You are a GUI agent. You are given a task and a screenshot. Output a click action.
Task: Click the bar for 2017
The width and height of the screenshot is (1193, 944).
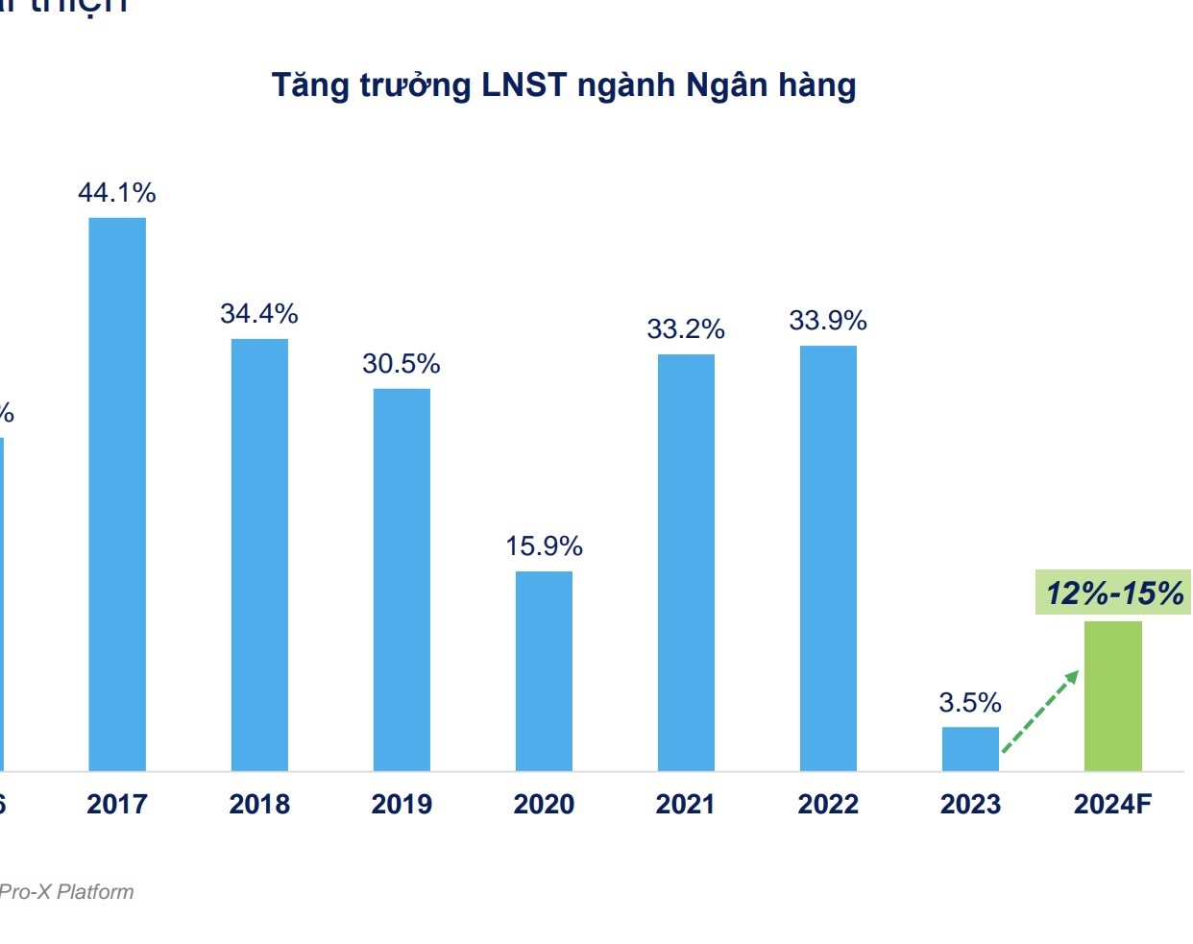[x=117, y=494]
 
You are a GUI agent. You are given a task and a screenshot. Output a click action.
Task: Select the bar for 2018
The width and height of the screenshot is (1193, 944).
[x=259, y=554]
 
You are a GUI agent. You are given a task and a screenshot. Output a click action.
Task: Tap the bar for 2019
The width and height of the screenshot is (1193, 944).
[x=402, y=579]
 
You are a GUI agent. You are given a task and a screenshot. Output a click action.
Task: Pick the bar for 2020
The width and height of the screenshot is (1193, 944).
[x=544, y=670]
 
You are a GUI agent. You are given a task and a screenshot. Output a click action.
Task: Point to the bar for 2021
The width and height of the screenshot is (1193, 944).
[x=686, y=562]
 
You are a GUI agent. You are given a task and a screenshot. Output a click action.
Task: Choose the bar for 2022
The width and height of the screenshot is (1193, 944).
[x=828, y=558]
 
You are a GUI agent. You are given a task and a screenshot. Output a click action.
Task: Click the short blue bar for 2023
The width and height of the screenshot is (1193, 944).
[x=970, y=748]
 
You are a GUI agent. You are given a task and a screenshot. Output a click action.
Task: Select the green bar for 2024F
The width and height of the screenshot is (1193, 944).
[x=1112, y=695]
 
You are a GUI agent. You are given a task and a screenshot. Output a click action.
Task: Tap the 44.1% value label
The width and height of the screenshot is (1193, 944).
[x=117, y=193]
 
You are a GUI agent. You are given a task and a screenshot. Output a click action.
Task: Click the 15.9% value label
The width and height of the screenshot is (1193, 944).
[x=544, y=546]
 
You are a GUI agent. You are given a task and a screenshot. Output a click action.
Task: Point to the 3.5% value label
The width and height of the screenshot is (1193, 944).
[x=970, y=703]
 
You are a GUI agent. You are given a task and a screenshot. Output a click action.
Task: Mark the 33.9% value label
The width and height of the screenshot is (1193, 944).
[x=828, y=321]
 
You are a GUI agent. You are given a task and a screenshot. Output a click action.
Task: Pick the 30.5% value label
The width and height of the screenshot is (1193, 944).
[x=402, y=364]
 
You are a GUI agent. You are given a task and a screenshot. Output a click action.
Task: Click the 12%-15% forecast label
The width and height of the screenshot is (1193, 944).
[x=1114, y=593]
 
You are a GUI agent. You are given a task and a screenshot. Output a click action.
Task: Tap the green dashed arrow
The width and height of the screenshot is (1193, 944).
[x=1040, y=712]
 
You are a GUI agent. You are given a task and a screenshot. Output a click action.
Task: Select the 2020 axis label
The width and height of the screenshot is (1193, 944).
[x=544, y=804]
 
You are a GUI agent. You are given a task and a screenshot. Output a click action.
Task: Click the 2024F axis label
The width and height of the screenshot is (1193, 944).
[x=1112, y=804]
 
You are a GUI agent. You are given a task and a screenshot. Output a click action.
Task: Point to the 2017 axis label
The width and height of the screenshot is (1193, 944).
[x=117, y=804]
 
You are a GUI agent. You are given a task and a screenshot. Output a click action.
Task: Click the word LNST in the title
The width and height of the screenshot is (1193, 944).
[x=524, y=85]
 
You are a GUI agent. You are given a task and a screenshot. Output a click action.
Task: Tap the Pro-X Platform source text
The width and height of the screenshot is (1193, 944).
[x=66, y=892]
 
